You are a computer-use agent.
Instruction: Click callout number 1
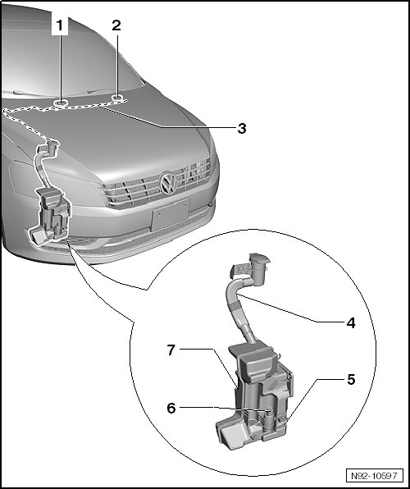pos(59,25)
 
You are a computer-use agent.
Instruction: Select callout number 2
pos(116,25)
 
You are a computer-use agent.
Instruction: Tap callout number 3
pos(242,128)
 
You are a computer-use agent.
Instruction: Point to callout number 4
pos(351,322)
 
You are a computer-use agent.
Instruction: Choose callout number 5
pos(351,380)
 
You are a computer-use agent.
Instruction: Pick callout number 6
pos(171,408)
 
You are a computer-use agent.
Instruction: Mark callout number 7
pos(171,350)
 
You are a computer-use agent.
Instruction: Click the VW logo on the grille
pos(168,183)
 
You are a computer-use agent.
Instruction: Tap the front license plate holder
pos(171,214)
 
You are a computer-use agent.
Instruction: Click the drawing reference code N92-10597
pos(374,476)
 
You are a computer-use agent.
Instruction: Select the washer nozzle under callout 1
pos(60,103)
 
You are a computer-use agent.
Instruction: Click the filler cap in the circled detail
pos(259,259)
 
